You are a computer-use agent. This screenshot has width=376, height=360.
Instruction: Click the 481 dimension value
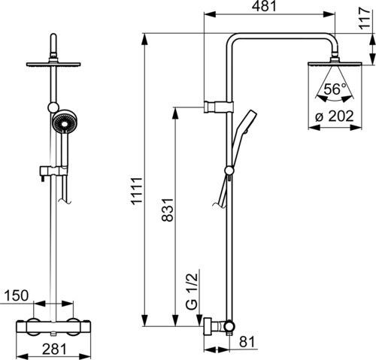point(264,6)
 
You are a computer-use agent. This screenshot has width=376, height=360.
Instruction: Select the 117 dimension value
point(365,19)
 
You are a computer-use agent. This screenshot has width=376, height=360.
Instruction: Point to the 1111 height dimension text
point(138,192)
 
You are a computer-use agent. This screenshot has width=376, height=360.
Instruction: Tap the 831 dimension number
point(168,210)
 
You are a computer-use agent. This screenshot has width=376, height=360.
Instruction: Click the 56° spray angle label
point(335,89)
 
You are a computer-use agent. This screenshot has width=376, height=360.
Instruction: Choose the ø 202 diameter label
point(335,116)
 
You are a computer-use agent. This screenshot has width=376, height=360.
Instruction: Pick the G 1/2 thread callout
point(193,292)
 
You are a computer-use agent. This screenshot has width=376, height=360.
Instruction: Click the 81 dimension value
point(247,341)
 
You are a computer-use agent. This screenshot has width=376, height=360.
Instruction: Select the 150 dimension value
point(17,295)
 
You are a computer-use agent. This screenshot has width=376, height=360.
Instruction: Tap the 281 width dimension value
point(54,349)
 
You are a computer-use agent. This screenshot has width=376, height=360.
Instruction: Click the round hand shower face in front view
point(65,123)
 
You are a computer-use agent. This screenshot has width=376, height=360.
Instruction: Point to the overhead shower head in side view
point(335,63)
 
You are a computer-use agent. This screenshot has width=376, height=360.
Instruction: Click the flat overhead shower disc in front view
point(53,64)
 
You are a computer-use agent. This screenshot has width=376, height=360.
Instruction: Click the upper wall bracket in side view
point(219,107)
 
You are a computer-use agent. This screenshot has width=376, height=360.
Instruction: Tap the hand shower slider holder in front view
point(53,171)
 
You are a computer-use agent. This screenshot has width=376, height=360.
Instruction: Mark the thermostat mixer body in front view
point(53,327)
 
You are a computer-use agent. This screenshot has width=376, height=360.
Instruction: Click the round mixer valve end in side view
point(229,326)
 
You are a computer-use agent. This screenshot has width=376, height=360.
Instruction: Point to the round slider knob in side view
point(229,171)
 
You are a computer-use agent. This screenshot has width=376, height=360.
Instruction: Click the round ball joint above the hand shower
point(53,107)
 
